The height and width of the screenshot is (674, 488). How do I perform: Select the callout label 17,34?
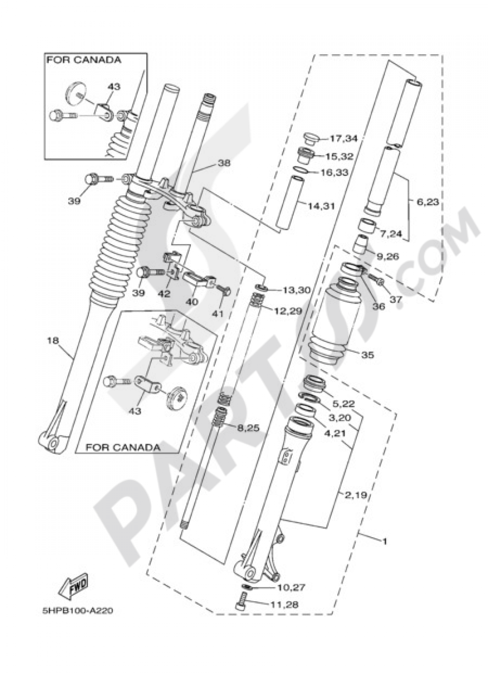point(344,139)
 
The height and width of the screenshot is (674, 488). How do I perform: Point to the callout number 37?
point(395,299)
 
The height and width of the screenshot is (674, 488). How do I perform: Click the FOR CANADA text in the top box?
point(83,60)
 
